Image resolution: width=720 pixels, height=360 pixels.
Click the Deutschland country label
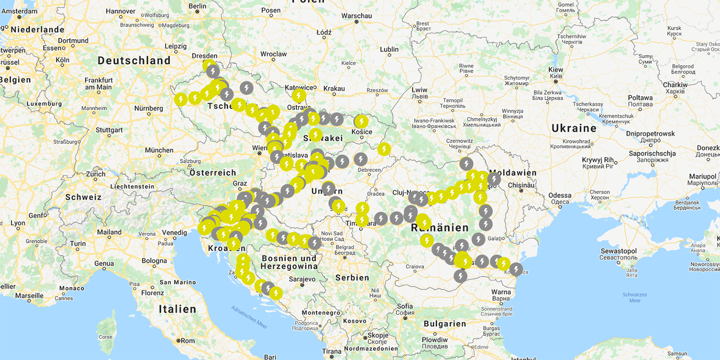134,60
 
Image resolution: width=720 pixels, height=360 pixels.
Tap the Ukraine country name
574,128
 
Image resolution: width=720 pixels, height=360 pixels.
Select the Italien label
178,309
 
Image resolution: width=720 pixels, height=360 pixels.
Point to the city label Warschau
357,16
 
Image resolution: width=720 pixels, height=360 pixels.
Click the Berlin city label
197,6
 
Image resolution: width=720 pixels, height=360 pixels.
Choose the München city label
159,150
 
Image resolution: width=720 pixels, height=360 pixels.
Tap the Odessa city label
560,195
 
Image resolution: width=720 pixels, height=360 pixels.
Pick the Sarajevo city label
301,279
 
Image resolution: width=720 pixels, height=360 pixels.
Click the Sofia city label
405,306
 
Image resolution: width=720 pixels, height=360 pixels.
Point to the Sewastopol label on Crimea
618,251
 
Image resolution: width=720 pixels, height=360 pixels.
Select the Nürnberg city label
148,108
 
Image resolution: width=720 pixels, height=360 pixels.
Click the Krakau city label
334,88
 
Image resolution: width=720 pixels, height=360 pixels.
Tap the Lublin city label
389,49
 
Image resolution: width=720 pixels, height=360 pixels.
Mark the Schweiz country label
84,197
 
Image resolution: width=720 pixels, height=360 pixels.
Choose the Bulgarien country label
444,324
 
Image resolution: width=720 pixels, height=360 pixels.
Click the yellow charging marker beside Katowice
299,96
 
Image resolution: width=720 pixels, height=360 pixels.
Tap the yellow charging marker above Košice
361,122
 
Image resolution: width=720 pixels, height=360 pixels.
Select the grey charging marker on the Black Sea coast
516,269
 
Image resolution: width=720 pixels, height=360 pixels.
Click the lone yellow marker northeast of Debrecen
384,149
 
